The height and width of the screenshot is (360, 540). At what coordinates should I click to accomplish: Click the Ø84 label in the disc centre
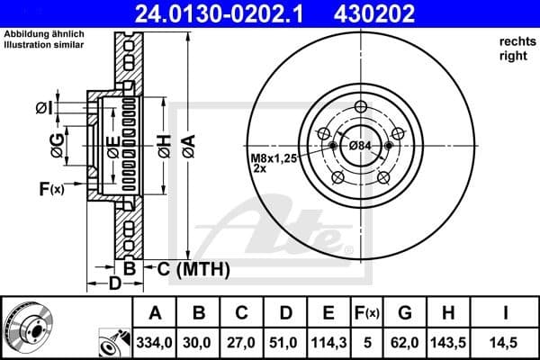point(360,146)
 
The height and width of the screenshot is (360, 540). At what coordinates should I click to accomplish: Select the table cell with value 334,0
point(156,343)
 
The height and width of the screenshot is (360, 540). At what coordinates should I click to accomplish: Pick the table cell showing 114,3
point(328,343)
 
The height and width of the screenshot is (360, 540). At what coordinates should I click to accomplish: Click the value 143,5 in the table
point(446,343)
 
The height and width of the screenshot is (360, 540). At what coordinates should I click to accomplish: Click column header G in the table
point(404,314)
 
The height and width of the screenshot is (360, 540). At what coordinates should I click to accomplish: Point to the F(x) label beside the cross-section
point(50,188)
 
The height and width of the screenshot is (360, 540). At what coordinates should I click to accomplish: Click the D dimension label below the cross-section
point(114,284)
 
